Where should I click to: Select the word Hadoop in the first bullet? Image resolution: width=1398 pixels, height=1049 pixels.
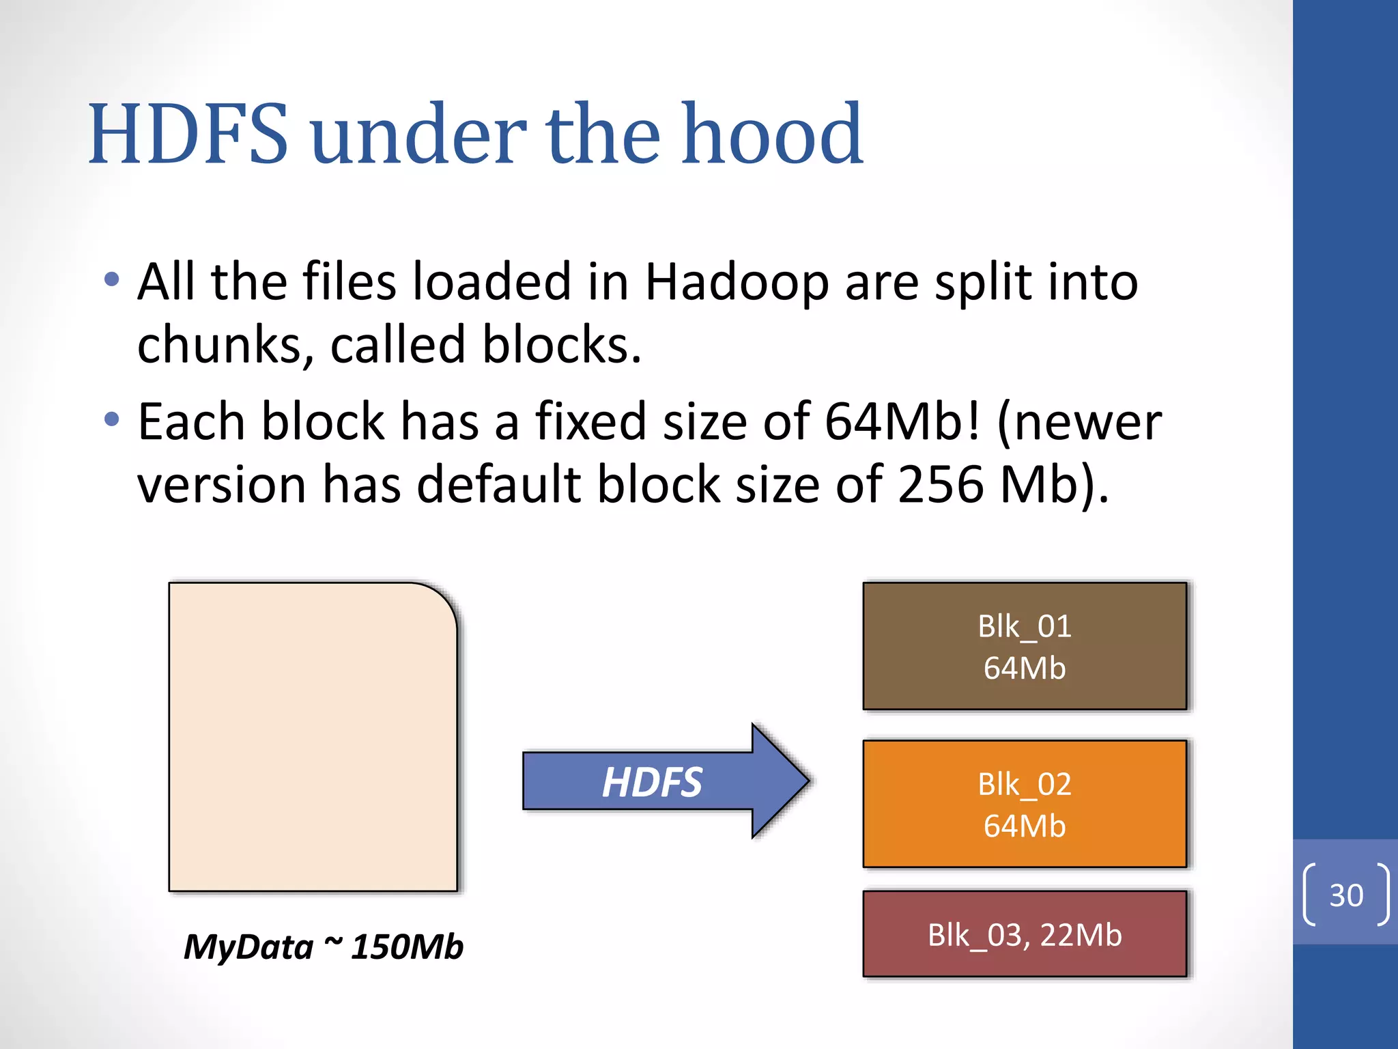coord(737,282)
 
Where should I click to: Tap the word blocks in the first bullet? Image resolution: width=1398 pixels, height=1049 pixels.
coord(561,345)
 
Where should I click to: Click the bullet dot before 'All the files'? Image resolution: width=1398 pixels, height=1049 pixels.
coord(112,279)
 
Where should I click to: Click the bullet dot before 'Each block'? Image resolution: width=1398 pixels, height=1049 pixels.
coord(112,419)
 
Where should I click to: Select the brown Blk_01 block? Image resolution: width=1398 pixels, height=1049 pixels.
coord(1024,646)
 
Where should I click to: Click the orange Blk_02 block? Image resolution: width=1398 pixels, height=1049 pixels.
coord(1024,804)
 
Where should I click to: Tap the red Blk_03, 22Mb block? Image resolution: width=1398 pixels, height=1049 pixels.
coord(1024,934)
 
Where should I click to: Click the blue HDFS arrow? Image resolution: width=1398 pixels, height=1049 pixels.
coord(655,781)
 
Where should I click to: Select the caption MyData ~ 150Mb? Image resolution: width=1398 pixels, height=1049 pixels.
coord(324,947)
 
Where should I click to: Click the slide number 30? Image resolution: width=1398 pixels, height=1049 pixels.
coord(1345,895)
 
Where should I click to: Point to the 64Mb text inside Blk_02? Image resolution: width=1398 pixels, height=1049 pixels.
coord(1024,826)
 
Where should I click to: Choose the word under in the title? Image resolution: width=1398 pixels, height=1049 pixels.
coord(418,134)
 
